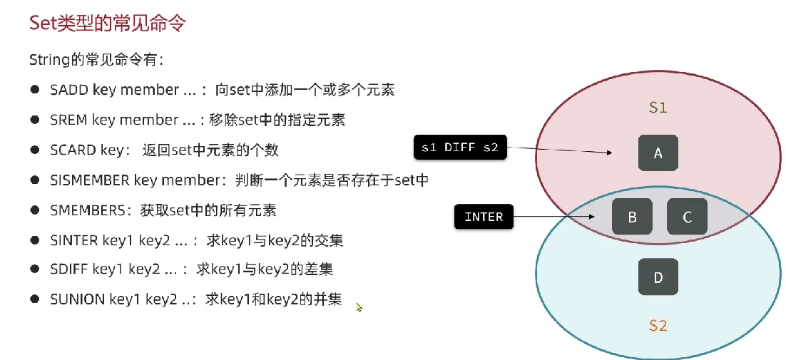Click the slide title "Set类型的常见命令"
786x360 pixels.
click(x=107, y=23)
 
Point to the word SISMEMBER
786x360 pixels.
click(x=90, y=180)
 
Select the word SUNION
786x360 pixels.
click(x=77, y=299)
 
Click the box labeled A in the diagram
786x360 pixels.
click(x=658, y=153)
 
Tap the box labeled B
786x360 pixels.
click(x=632, y=217)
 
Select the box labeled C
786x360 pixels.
click(x=687, y=217)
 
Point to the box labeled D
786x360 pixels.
click(x=658, y=277)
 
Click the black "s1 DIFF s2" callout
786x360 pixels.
click(x=460, y=148)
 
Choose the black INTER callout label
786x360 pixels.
click(x=484, y=217)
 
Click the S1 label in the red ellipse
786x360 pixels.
click(x=658, y=108)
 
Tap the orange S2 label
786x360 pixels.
click(x=658, y=326)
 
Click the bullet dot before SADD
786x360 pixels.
click(x=34, y=90)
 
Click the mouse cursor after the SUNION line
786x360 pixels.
click(x=359, y=307)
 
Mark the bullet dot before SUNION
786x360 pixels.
click(x=34, y=299)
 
